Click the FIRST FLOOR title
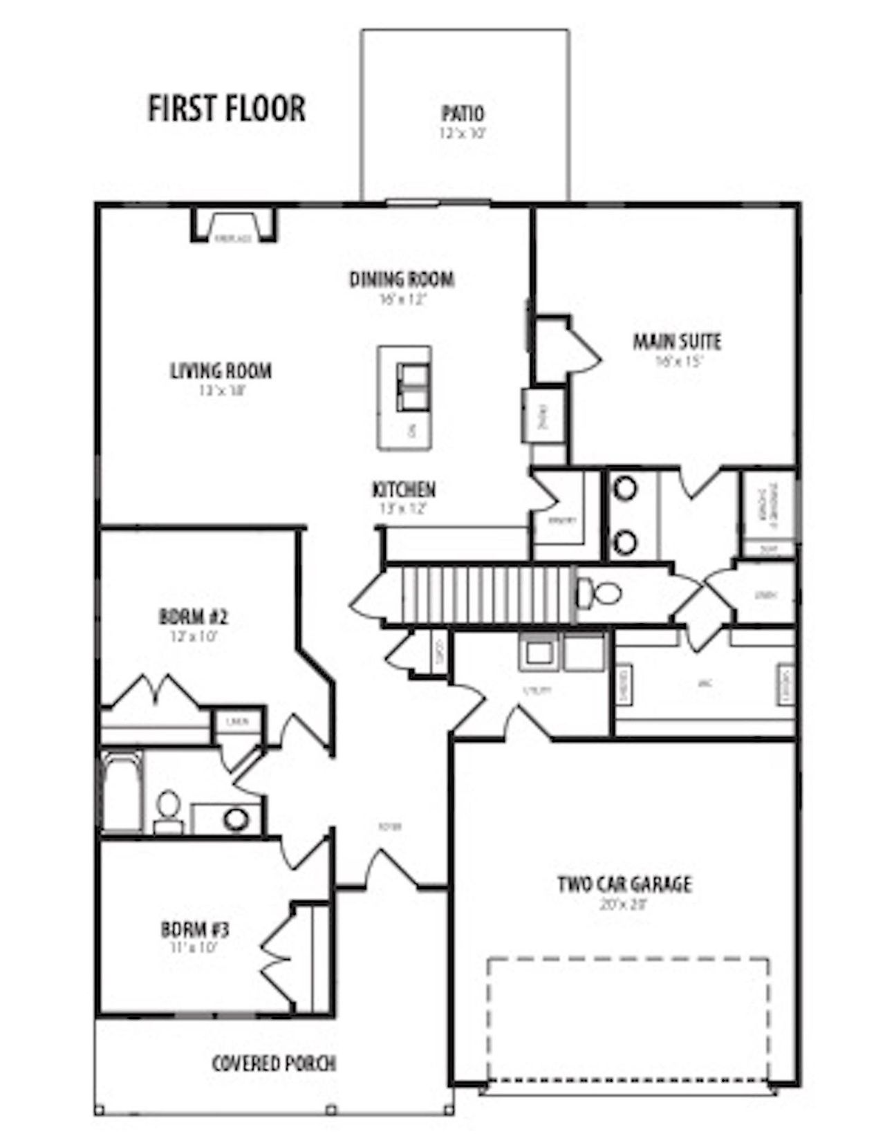coord(226,109)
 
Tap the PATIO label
coord(463,113)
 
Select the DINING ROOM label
coord(401,279)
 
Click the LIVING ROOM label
coord(221,371)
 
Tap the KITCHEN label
coord(404,490)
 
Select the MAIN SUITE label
coord(676,342)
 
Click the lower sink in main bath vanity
coord(625,541)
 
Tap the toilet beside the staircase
coord(599,593)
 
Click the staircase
coord(477,595)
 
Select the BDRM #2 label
coord(193,615)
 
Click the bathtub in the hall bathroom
coord(122,792)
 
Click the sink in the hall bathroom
coord(236,819)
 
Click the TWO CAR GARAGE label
coord(624,884)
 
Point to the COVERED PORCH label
coord(274,1063)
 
